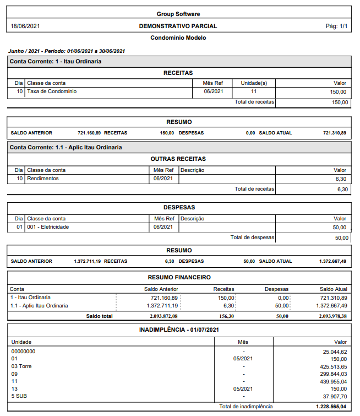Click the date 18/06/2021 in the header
tap(25, 26)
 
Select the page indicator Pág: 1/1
tap(336, 26)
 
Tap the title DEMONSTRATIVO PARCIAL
tap(178, 26)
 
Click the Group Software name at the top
tap(178, 14)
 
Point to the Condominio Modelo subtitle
tap(178, 38)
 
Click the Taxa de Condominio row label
tap(52, 91)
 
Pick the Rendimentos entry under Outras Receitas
tap(43, 179)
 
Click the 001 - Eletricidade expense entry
tap(48, 227)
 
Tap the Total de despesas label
tap(252, 237)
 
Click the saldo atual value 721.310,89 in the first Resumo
tap(335, 133)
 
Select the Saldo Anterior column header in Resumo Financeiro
tap(161, 289)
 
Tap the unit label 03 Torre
tap(22, 366)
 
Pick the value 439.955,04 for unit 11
tap(332, 381)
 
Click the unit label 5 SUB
tap(20, 396)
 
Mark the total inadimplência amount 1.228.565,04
tap(331, 407)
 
